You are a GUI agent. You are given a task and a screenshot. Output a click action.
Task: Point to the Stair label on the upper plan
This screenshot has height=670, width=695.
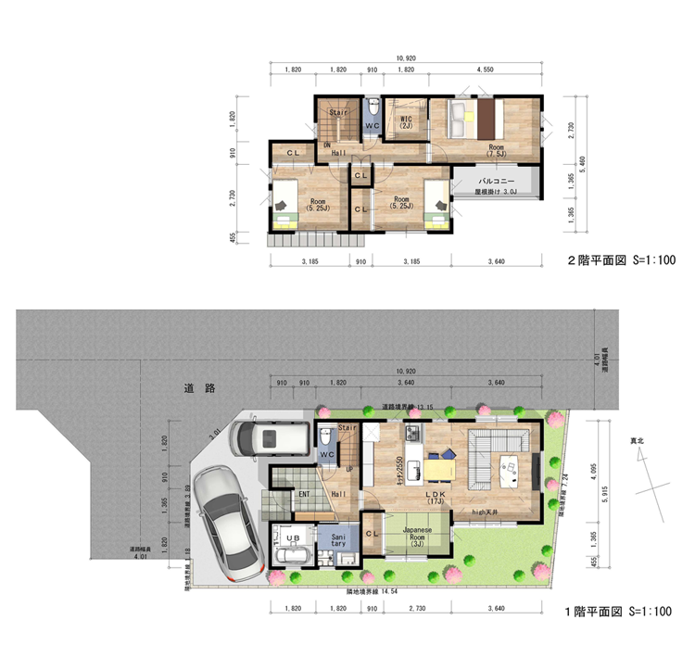338,112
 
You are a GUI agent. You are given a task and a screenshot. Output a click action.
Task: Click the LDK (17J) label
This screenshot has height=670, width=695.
436,499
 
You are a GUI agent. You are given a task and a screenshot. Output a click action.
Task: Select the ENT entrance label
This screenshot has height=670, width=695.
303,494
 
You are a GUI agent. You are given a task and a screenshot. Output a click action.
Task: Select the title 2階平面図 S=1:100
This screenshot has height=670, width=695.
613,260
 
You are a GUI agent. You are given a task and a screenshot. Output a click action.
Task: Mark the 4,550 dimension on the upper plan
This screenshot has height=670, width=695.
484,70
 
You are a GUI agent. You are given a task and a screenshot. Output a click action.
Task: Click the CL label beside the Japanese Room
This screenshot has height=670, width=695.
373,533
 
